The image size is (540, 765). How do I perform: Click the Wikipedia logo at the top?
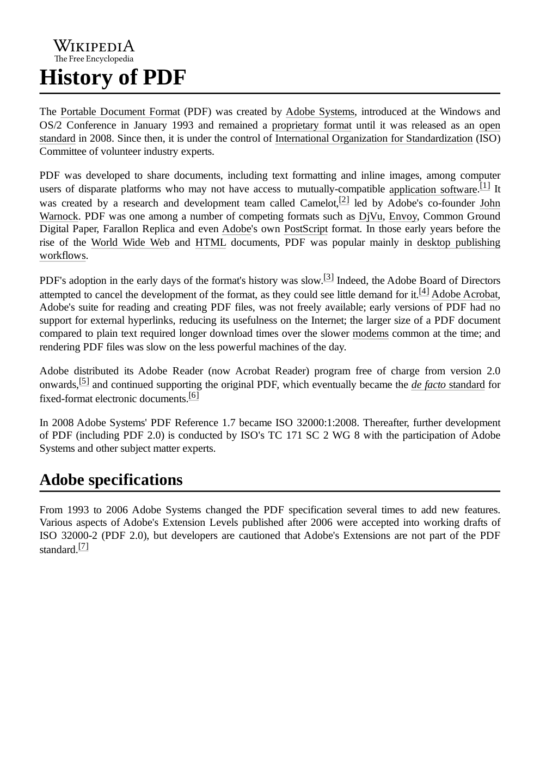(94, 51)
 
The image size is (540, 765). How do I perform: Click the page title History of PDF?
(113, 78)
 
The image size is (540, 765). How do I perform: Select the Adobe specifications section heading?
(111, 480)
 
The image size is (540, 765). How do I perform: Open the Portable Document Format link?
(120, 112)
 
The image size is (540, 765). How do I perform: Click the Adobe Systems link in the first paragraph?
(320, 112)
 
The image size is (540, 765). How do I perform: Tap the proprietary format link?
(311, 126)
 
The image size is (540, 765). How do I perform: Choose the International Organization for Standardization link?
(373, 138)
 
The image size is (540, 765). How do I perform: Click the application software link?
(433, 190)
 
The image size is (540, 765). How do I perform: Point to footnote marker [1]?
(485, 186)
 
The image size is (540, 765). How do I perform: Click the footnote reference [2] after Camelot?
(344, 200)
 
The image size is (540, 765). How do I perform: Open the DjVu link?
(371, 216)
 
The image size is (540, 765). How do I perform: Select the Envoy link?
(403, 216)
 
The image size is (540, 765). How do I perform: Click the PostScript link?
(306, 229)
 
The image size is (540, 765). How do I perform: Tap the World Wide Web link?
(130, 243)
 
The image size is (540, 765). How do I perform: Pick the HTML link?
(211, 243)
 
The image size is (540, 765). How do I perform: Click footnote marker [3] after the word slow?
(329, 277)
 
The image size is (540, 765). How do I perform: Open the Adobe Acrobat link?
(464, 295)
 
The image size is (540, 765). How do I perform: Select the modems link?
(371, 334)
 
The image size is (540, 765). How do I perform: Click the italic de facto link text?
(428, 385)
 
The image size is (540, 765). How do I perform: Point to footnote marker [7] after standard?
(83, 547)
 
